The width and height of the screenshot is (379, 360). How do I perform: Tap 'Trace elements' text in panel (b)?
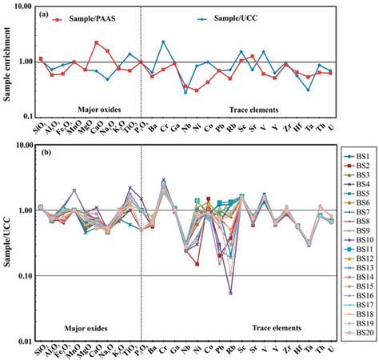point(273,327)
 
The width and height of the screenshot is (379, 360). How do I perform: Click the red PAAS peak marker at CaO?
point(97,42)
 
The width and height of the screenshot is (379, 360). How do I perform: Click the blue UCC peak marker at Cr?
point(163,42)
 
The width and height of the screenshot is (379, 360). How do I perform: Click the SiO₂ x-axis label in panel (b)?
point(40,351)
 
